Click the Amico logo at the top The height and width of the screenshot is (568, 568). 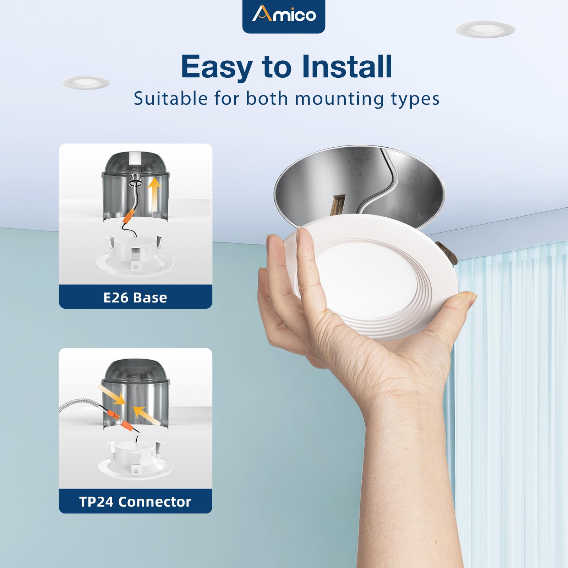[284, 15]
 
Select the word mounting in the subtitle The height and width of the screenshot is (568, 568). [339, 99]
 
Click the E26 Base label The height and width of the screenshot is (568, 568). [135, 297]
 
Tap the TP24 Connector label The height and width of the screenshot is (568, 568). [135, 502]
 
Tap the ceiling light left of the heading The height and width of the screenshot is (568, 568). [86, 83]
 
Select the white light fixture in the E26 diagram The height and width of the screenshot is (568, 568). [135, 256]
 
